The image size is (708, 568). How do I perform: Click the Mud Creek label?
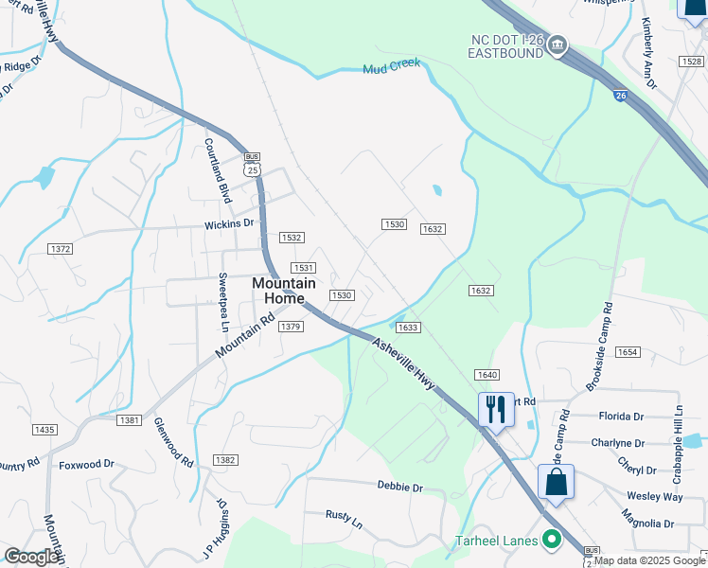pyautogui.click(x=391, y=67)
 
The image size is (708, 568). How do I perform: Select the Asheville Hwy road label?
pyautogui.click(x=403, y=364)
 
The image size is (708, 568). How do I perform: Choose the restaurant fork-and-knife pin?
pyautogui.click(x=496, y=410)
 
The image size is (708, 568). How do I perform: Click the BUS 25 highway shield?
pyautogui.click(x=251, y=165)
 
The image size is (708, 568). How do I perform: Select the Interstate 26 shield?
pyautogui.click(x=620, y=96)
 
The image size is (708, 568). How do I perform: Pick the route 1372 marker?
pyautogui.click(x=61, y=248)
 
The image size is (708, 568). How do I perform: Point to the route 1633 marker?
pyautogui.click(x=408, y=328)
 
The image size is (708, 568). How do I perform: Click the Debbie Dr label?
pyautogui.click(x=399, y=487)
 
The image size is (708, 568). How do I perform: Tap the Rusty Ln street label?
pyautogui.click(x=344, y=519)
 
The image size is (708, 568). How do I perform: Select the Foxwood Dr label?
pyautogui.click(x=86, y=465)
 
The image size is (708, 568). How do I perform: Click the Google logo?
pyautogui.click(x=30, y=557)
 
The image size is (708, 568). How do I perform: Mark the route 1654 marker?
pyautogui.click(x=628, y=352)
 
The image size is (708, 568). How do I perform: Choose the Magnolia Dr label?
pyautogui.click(x=647, y=524)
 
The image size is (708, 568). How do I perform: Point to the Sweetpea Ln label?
pyautogui.click(x=224, y=302)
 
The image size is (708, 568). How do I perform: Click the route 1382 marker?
pyautogui.click(x=224, y=460)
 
